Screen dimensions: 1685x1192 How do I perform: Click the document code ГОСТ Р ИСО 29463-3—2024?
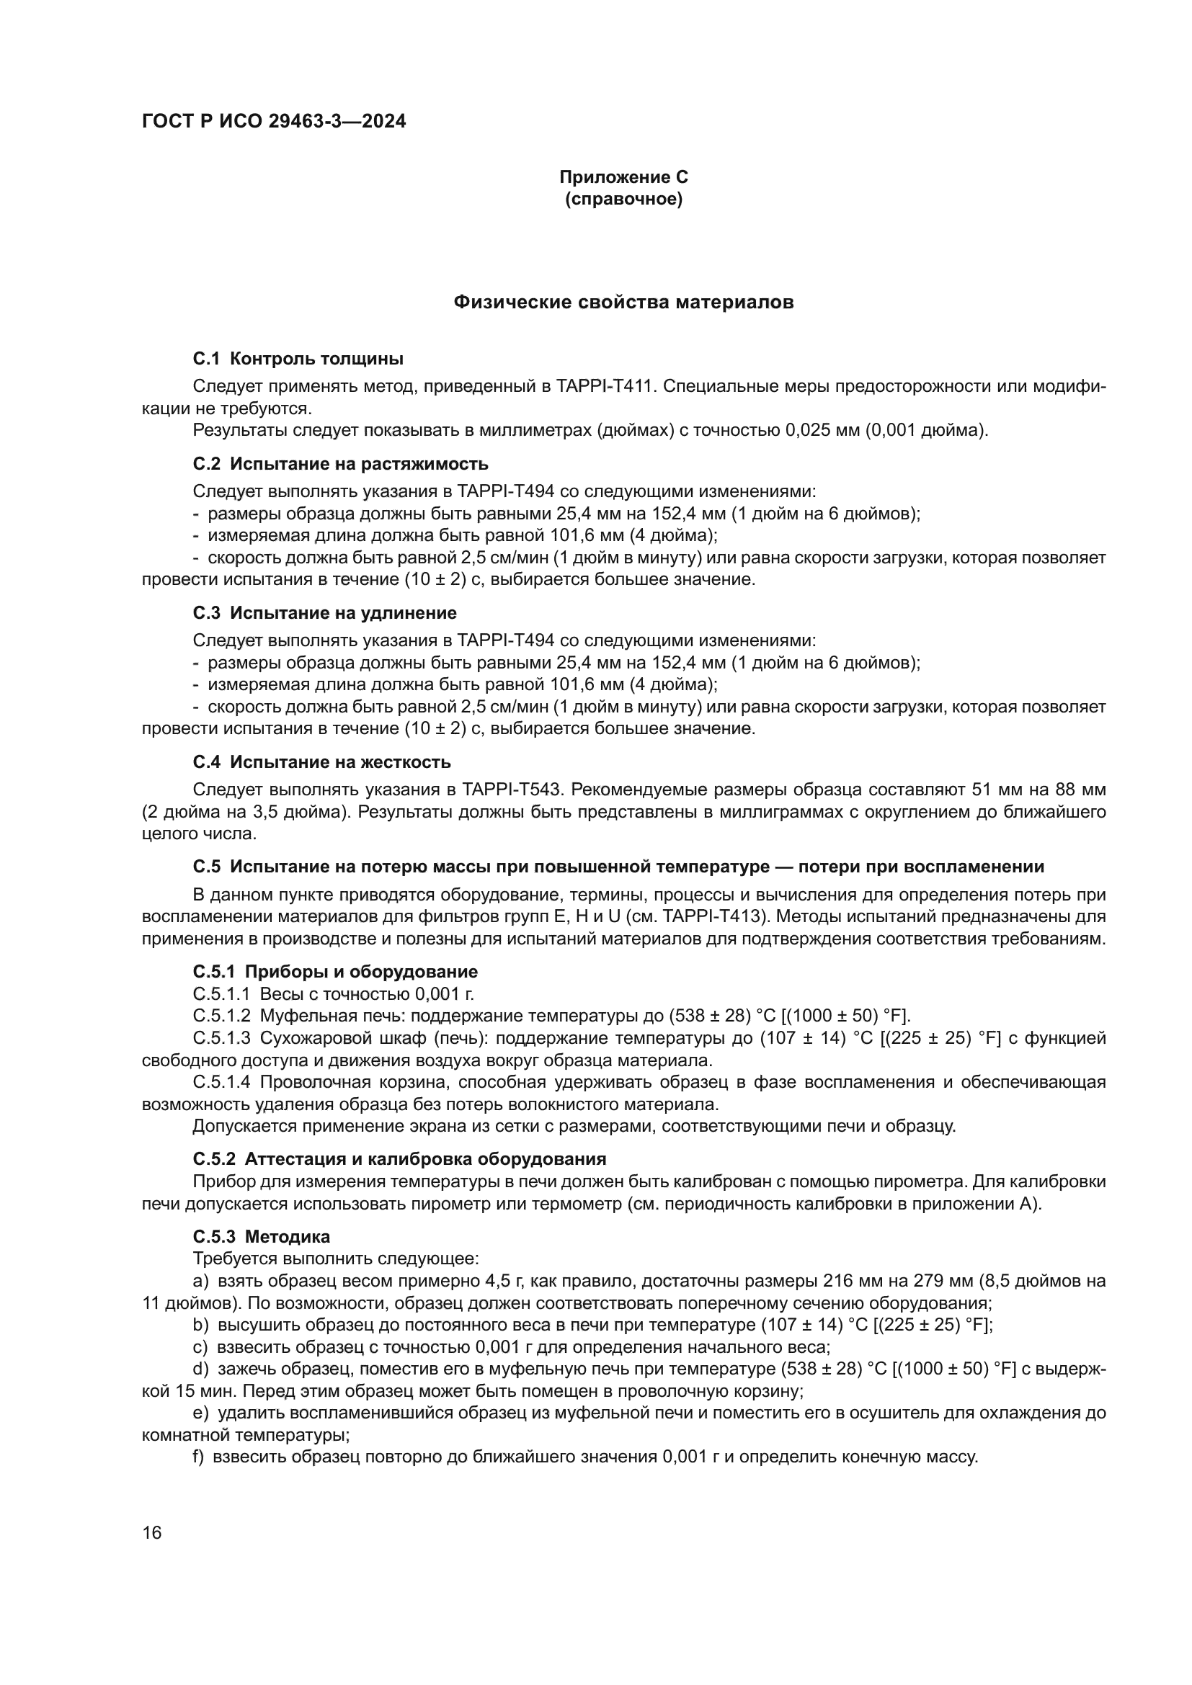pos(274,122)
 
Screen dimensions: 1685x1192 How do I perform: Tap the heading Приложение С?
pos(623,177)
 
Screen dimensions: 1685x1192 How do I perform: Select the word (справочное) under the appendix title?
pos(623,199)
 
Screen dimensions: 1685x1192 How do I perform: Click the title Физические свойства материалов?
pos(623,303)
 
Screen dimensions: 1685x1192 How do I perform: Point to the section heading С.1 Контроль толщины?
pos(298,359)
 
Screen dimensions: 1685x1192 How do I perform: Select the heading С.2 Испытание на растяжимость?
pos(341,464)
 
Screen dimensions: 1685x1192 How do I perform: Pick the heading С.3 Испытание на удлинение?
pos(324,613)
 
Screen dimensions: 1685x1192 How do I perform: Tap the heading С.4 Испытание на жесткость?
pos(321,761)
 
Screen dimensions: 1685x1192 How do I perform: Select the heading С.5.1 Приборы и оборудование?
pos(335,972)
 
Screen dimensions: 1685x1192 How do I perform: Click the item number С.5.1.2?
pos(221,1016)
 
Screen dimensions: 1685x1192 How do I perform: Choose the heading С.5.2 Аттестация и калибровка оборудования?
pos(399,1159)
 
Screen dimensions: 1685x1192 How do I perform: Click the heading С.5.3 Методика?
pos(262,1237)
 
